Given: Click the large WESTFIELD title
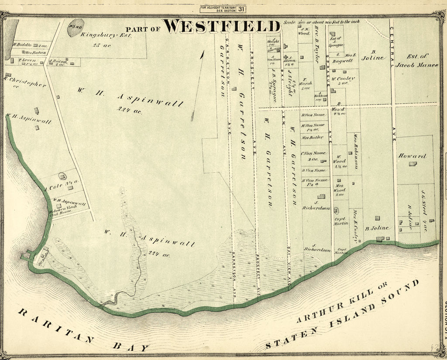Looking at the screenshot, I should pos(222,27).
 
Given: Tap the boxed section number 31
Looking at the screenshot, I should pos(242,8).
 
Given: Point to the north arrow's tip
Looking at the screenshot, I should pos(203,52).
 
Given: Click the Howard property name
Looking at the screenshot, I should pos(412,156).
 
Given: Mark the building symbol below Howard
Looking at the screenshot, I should pos(412,164).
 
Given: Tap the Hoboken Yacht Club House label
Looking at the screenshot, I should pos(65,210).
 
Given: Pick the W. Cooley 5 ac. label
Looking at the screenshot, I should pos(343,80).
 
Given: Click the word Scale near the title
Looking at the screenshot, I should pos(290,21).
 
